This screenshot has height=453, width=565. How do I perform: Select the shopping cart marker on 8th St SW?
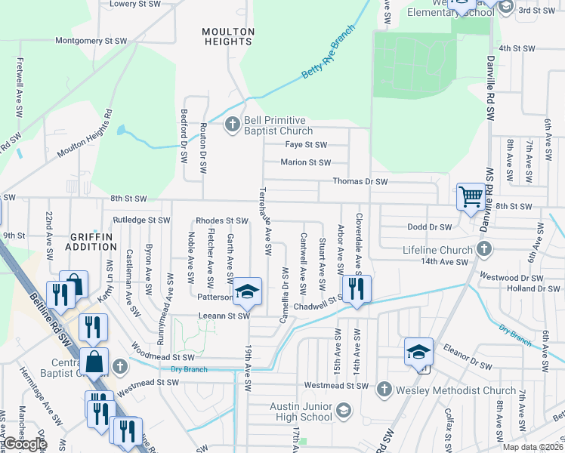[x=471, y=198]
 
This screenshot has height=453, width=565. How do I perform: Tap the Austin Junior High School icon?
[x=343, y=411]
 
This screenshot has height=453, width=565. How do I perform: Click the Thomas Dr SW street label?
[x=360, y=181]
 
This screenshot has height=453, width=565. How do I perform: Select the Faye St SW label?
[x=306, y=145]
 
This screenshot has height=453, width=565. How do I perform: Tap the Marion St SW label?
[x=305, y=162]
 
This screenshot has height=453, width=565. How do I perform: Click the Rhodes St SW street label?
[x=221, y=221]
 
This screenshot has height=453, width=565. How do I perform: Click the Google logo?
[x=26, y=444]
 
